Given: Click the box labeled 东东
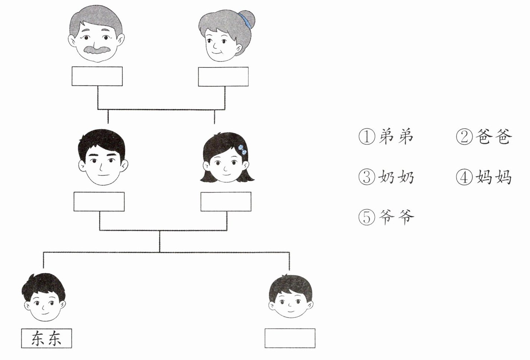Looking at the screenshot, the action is (46, 338).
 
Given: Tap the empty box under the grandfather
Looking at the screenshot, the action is (97, 76).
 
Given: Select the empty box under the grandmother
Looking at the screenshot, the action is (223, 77).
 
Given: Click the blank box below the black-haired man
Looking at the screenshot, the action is (99, 202).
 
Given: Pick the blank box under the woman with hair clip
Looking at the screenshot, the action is (225, 202).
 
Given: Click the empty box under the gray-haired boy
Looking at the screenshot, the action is (290, 338).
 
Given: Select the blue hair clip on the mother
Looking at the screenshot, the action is (242, 149).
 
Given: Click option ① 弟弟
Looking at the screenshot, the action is (386, 137).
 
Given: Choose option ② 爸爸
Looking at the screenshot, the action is (484, 137).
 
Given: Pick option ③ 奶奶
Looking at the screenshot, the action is (386, 177).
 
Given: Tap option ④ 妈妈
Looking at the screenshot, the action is (484, 177).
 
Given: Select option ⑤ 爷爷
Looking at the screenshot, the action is (386, 217).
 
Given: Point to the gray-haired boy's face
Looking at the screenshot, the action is (290, 302).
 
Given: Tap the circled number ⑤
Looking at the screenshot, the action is (367, 217).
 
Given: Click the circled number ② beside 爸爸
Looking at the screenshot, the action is (464, 137).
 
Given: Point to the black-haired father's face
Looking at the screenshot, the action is (101, 166).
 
